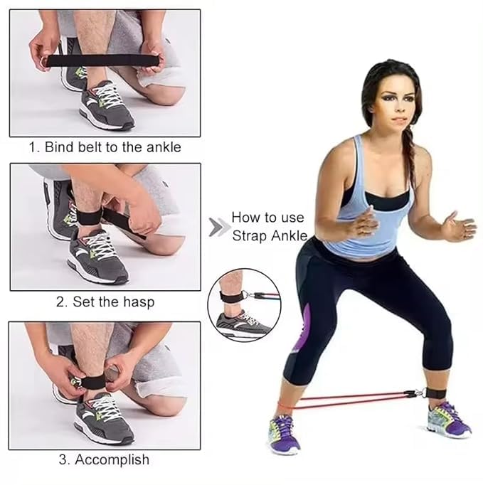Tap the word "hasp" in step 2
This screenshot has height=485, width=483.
[139, 302]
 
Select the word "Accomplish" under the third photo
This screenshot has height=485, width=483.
[112, 460]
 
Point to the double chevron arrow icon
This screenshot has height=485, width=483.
[219, 228]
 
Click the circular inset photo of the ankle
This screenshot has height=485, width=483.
[244, 305]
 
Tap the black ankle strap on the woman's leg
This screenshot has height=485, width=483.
[435, 393]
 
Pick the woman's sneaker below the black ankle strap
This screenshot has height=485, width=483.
[449, 420]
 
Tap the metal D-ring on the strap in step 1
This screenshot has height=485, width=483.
[42, 62]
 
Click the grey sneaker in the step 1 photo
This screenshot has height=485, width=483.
[106, 105]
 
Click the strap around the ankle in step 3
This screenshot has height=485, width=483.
[92, 382]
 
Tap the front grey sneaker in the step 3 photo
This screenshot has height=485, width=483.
[103, 418]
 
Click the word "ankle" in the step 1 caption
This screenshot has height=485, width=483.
[164, 146]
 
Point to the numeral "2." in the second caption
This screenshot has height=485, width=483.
[61, 302]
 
